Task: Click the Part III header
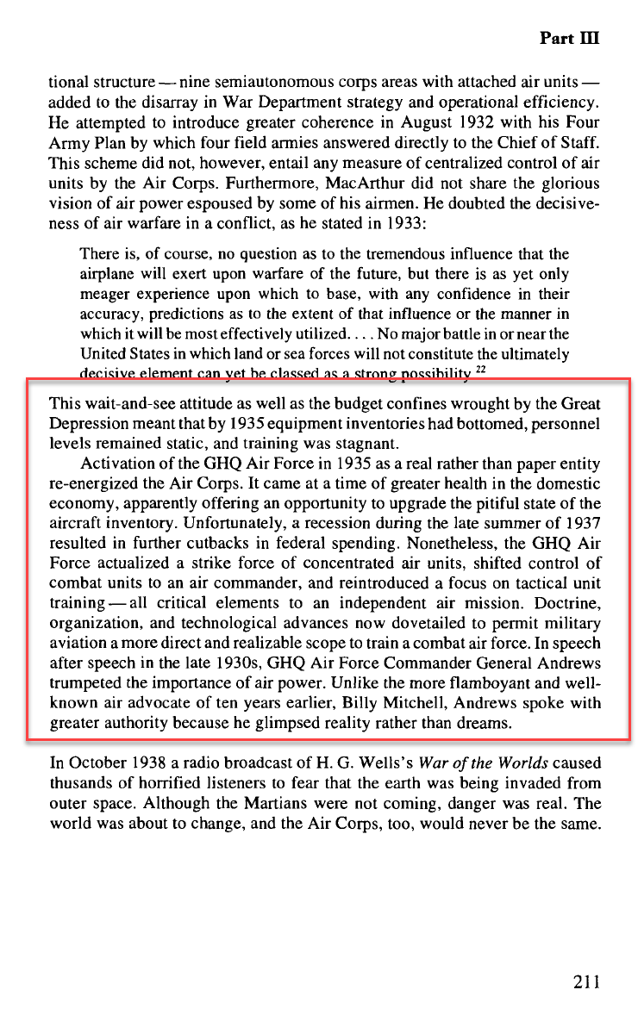(x=569, y=39)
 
